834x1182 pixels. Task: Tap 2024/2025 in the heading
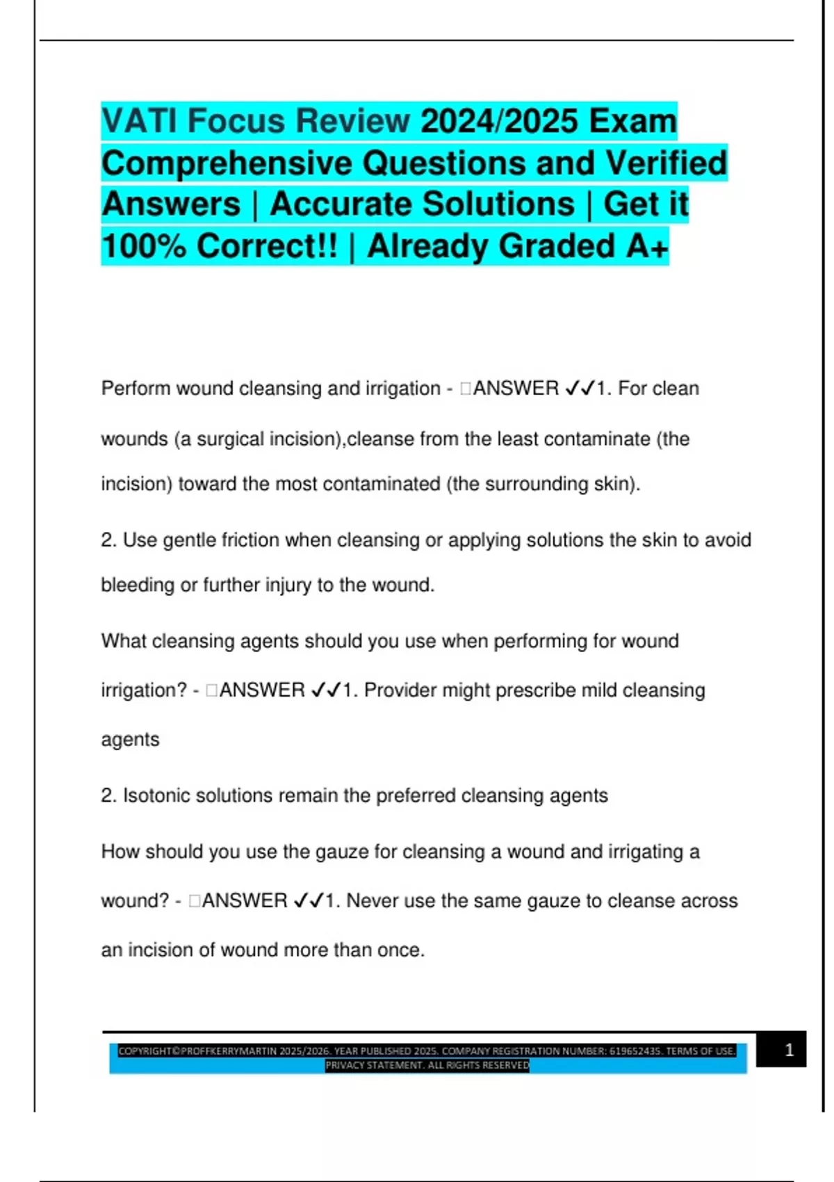(x=500, y=121)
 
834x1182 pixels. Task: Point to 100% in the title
(x=144, y=246)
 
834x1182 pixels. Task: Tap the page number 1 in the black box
(x=789, y=1050)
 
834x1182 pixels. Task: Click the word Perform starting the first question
(x=136, y=388)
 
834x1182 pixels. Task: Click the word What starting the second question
(x=123, y=641)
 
